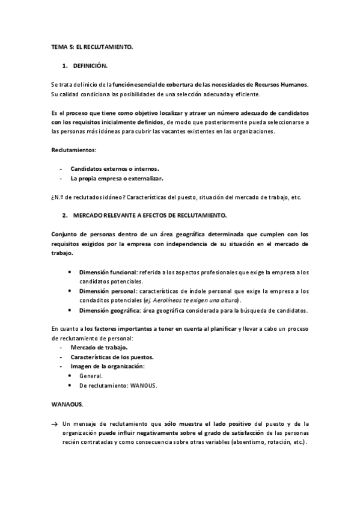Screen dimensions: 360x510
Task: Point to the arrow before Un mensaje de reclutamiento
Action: point(55,423)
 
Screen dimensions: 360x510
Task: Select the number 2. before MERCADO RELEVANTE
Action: point(64,215)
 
